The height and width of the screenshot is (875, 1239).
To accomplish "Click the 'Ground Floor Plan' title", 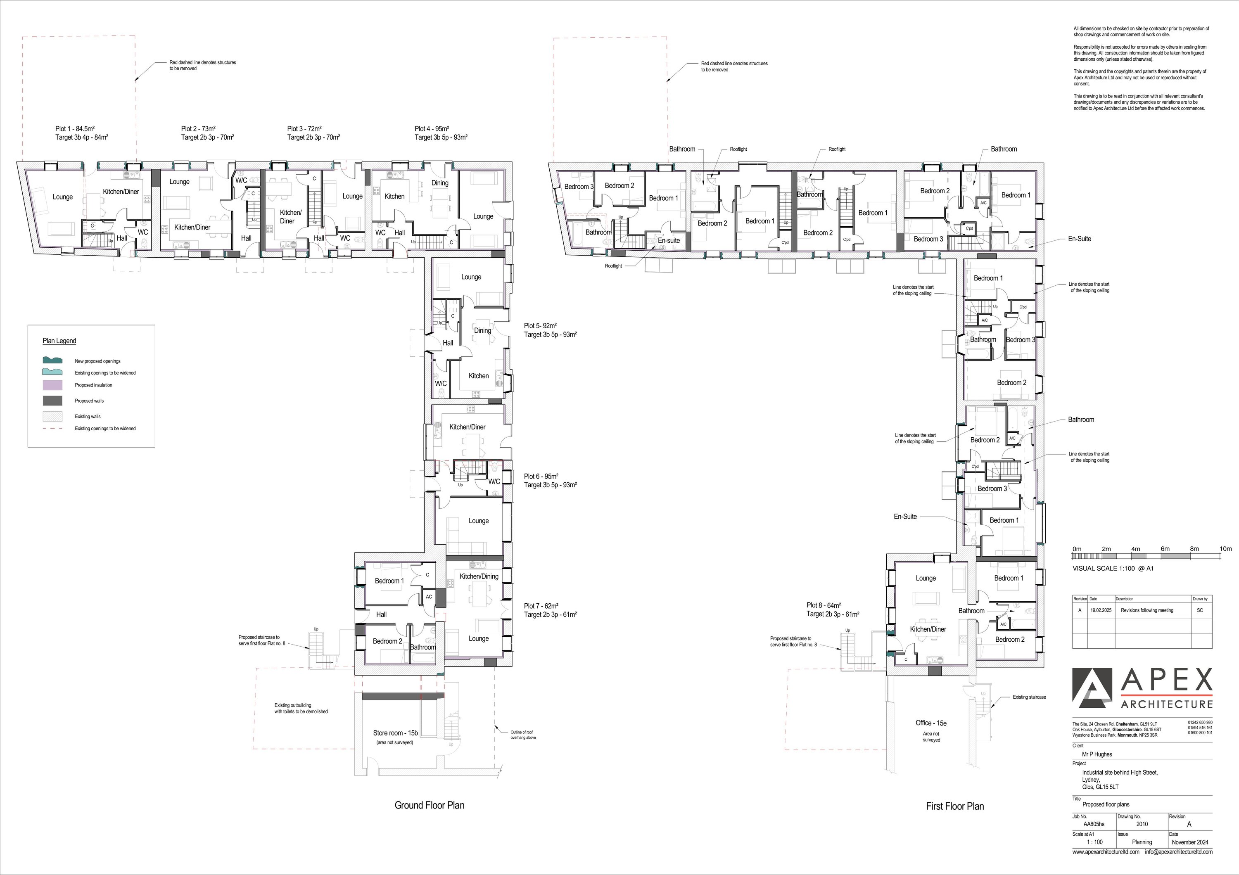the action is (429, 805).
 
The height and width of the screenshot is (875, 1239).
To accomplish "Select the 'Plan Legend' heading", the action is (59, 341).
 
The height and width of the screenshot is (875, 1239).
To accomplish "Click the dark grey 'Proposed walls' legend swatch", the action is (52, 401).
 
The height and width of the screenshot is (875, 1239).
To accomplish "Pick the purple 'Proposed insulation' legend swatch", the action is (52, 385).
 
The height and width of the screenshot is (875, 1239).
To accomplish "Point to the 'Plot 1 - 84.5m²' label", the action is (75, 129).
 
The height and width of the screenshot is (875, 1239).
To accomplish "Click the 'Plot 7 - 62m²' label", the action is (541, 606).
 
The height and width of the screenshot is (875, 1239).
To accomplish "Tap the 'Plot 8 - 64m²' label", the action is (824, 605).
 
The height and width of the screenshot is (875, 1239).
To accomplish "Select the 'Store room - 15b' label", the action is (396, 733).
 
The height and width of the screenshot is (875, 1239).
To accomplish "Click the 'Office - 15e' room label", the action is (931, 723).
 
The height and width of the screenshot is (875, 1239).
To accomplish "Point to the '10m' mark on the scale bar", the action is (1225, 549).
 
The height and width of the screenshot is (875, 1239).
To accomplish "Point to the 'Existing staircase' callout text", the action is (1029, 697).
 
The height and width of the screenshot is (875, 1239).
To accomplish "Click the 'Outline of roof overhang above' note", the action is (523, 735).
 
